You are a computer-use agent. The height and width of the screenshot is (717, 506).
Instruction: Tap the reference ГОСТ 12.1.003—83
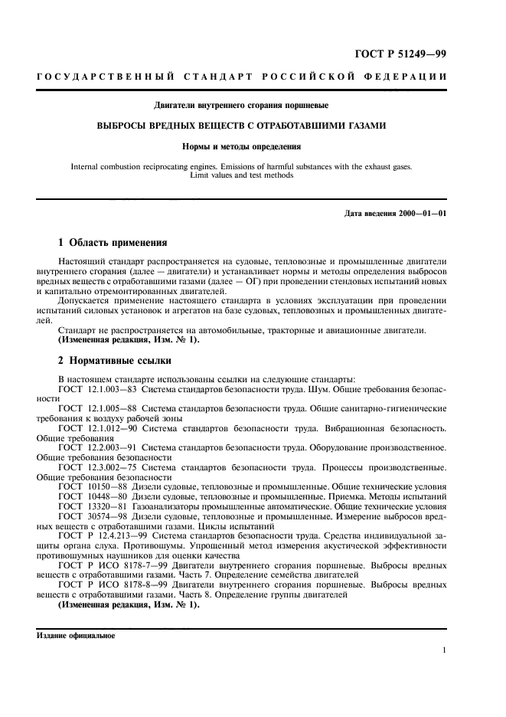93,389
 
